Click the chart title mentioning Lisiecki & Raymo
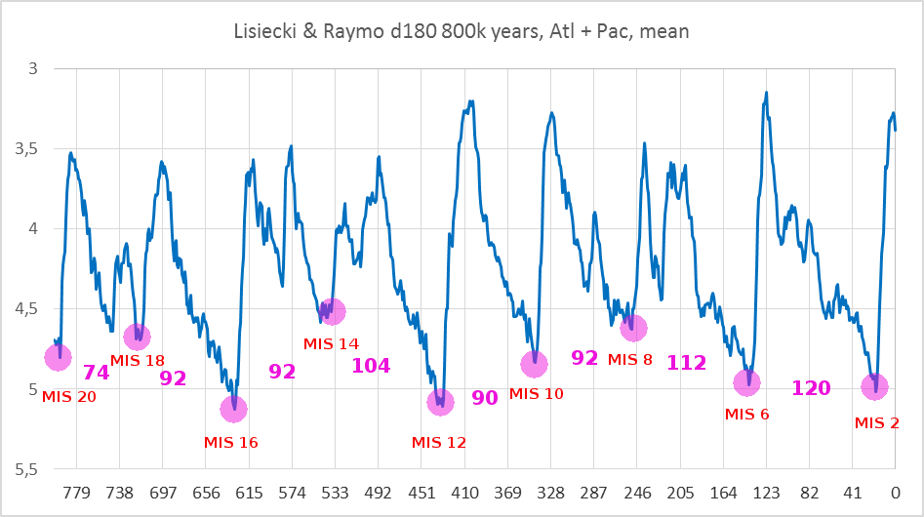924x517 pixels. coord(462,31)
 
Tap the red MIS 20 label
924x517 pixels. coord(69,396)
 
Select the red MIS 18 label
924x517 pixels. coord(138,360)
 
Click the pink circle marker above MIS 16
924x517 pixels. coord(234,409)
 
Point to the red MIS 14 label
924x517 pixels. coord(331,343)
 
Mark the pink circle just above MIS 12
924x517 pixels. coord(441,402)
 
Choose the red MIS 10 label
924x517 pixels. coord(538,393)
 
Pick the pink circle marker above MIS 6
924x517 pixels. coord(747,382)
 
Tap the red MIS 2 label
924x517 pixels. coord(876,422)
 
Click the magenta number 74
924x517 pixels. coord(96,372)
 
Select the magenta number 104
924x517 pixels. coord(371,366)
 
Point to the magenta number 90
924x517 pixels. coord(485,397)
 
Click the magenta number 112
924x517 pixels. coord(686,363)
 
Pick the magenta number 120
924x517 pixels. coord(811,388)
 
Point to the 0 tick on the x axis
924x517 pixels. coord(894,493)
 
